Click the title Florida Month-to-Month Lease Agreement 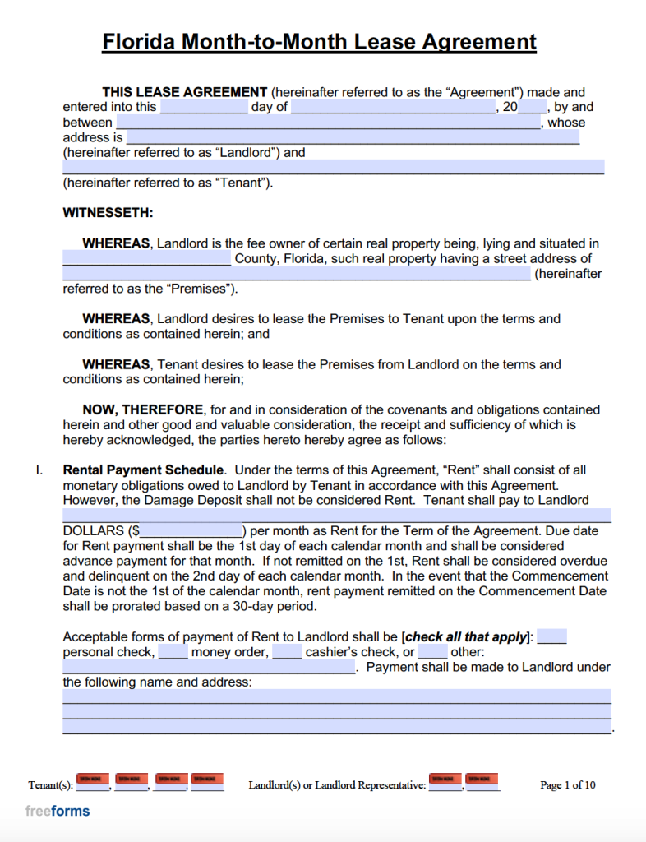point(319,42)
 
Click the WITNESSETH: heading point(108,213)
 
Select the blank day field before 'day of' point(204,107)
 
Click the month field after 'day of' point(393,107)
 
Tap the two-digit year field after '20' point(533,107)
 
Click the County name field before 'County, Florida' point(147,259)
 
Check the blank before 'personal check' point(551,637)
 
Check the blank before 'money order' point(173,653)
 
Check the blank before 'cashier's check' point(287,653)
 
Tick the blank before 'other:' point(432,653)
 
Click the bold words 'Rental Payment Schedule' point(143,470)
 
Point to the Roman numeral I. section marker point(38,470)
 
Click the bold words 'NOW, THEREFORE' point(142,409)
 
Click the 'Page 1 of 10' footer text point(567,785)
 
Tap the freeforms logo point(58,811)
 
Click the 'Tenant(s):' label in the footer point(51,785)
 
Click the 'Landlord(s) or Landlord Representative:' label point(337,785)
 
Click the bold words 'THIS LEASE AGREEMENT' point(184,92)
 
